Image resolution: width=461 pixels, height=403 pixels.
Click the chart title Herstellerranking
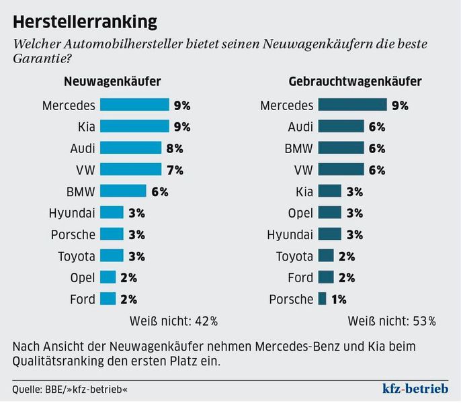[85, 21]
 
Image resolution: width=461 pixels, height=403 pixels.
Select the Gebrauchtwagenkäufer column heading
[355, 82]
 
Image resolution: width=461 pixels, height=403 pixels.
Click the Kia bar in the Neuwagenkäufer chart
[134, 126]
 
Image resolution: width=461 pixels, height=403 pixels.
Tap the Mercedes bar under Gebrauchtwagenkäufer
[352, 105]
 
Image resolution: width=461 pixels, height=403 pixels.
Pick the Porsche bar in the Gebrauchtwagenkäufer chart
[322, 299]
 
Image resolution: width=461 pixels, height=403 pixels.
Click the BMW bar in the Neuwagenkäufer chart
[123, 191]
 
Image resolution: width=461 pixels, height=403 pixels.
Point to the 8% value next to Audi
[175, 148]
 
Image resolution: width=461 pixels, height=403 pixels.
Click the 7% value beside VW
[175, 169]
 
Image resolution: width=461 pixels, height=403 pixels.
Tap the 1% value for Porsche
[338, 299]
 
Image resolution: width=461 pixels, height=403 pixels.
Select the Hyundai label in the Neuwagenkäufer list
[72, 213]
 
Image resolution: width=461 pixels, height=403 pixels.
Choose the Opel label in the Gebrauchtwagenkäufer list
[298, 213]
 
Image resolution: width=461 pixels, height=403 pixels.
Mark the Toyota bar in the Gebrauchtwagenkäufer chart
[326, 256]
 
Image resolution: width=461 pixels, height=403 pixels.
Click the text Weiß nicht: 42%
[174, 320]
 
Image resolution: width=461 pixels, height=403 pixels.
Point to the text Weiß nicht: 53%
[392, 320]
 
